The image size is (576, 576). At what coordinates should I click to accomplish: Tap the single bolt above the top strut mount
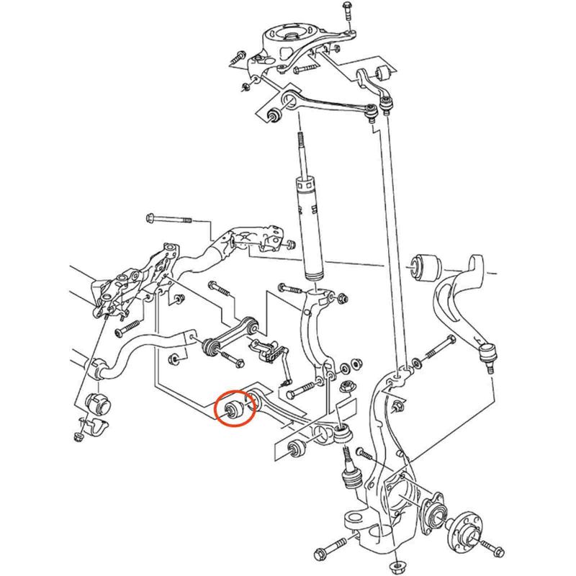click(347, 12)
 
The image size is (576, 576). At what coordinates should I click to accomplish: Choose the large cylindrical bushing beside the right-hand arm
click(426, 266)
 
